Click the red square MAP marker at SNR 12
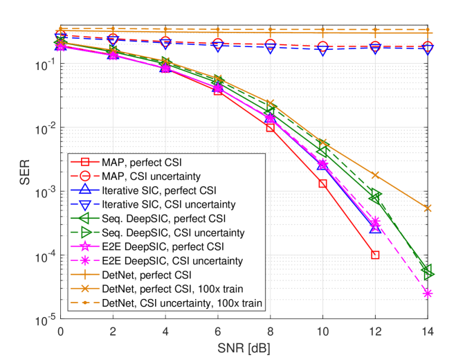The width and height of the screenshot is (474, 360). coord(375,255)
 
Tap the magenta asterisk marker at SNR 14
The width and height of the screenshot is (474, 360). coord(428,294)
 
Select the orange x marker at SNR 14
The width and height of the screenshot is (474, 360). coord(428,208)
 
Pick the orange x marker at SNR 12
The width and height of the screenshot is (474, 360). coord(375,176)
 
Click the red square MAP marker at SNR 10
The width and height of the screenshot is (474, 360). coord(322,183)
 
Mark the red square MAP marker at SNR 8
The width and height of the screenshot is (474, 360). coord(270,127)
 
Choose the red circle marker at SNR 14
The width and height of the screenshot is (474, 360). coord(428,47)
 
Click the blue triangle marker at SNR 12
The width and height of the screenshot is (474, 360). coord(375,228)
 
